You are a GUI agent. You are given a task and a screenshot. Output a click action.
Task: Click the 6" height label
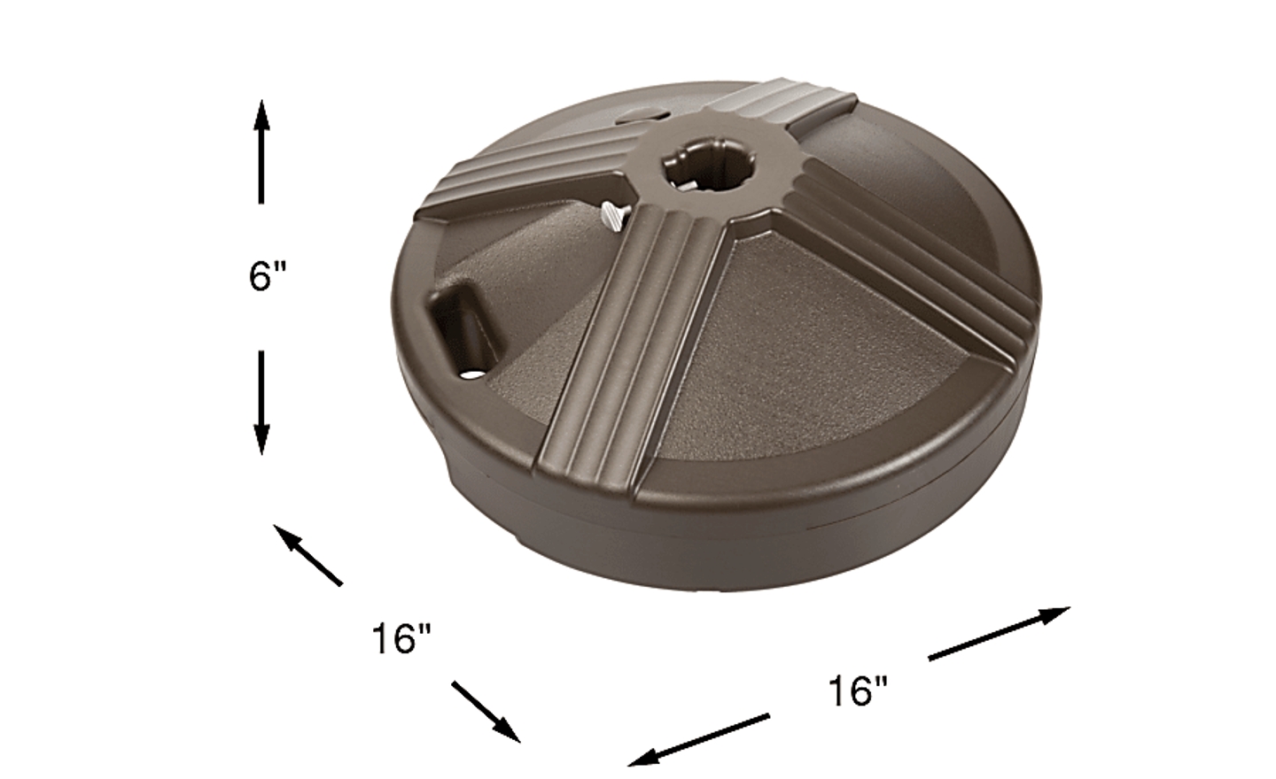tap(267, 276)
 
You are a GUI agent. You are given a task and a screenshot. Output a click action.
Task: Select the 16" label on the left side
tap(401, 638)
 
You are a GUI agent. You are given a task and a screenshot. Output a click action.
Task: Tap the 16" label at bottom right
tap(858, 690)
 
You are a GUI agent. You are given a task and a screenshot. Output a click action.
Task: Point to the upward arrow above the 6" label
tap(261, 151)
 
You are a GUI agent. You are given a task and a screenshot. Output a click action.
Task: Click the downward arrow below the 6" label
tap(261, 403)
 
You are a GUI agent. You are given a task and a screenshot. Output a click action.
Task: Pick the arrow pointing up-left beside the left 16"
tap(308, 555)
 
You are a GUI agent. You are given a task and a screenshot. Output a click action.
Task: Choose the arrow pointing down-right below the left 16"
tap(486, 712)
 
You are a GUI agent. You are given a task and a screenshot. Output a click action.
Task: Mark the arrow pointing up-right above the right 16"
tap(1000, 634)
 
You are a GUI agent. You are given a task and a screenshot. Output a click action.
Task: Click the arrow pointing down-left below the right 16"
tap(699, 740)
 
